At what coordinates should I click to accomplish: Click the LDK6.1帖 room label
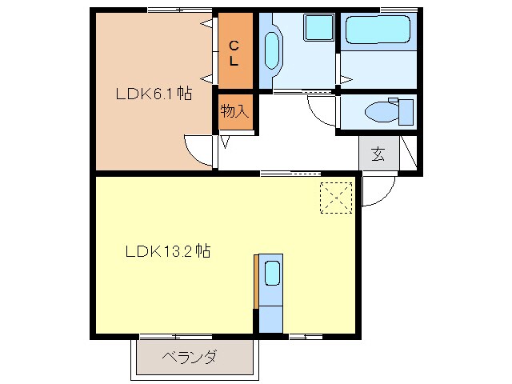(x=154, y=94)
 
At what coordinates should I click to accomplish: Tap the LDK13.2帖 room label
(x=167, y=250)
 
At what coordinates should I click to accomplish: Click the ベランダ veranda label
(x=189, y=357)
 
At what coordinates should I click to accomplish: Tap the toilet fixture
(x=387, y=110)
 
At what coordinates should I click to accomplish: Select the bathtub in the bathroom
(x=378, y=32)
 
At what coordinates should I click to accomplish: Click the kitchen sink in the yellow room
(x=271, y=274)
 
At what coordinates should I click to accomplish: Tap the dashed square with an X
(x=337, y=198)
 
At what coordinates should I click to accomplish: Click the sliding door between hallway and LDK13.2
(x=290, y=172)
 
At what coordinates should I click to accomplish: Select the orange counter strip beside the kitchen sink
(x=256, y=281)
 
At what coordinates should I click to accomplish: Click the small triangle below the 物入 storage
(x=225, y=142)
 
